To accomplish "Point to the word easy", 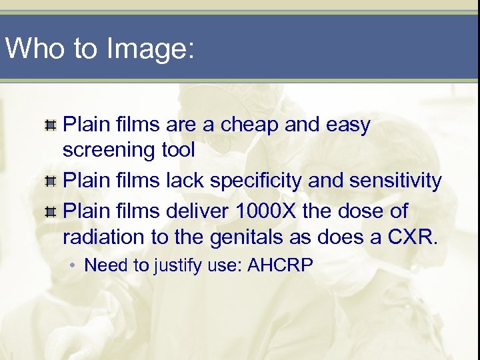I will pyautogui.click(x=347, y=125).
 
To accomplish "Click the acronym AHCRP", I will pyautogui.click(x=279, y=265).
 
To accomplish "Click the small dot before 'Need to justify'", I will pyautogui.click(x=73, y=265).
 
